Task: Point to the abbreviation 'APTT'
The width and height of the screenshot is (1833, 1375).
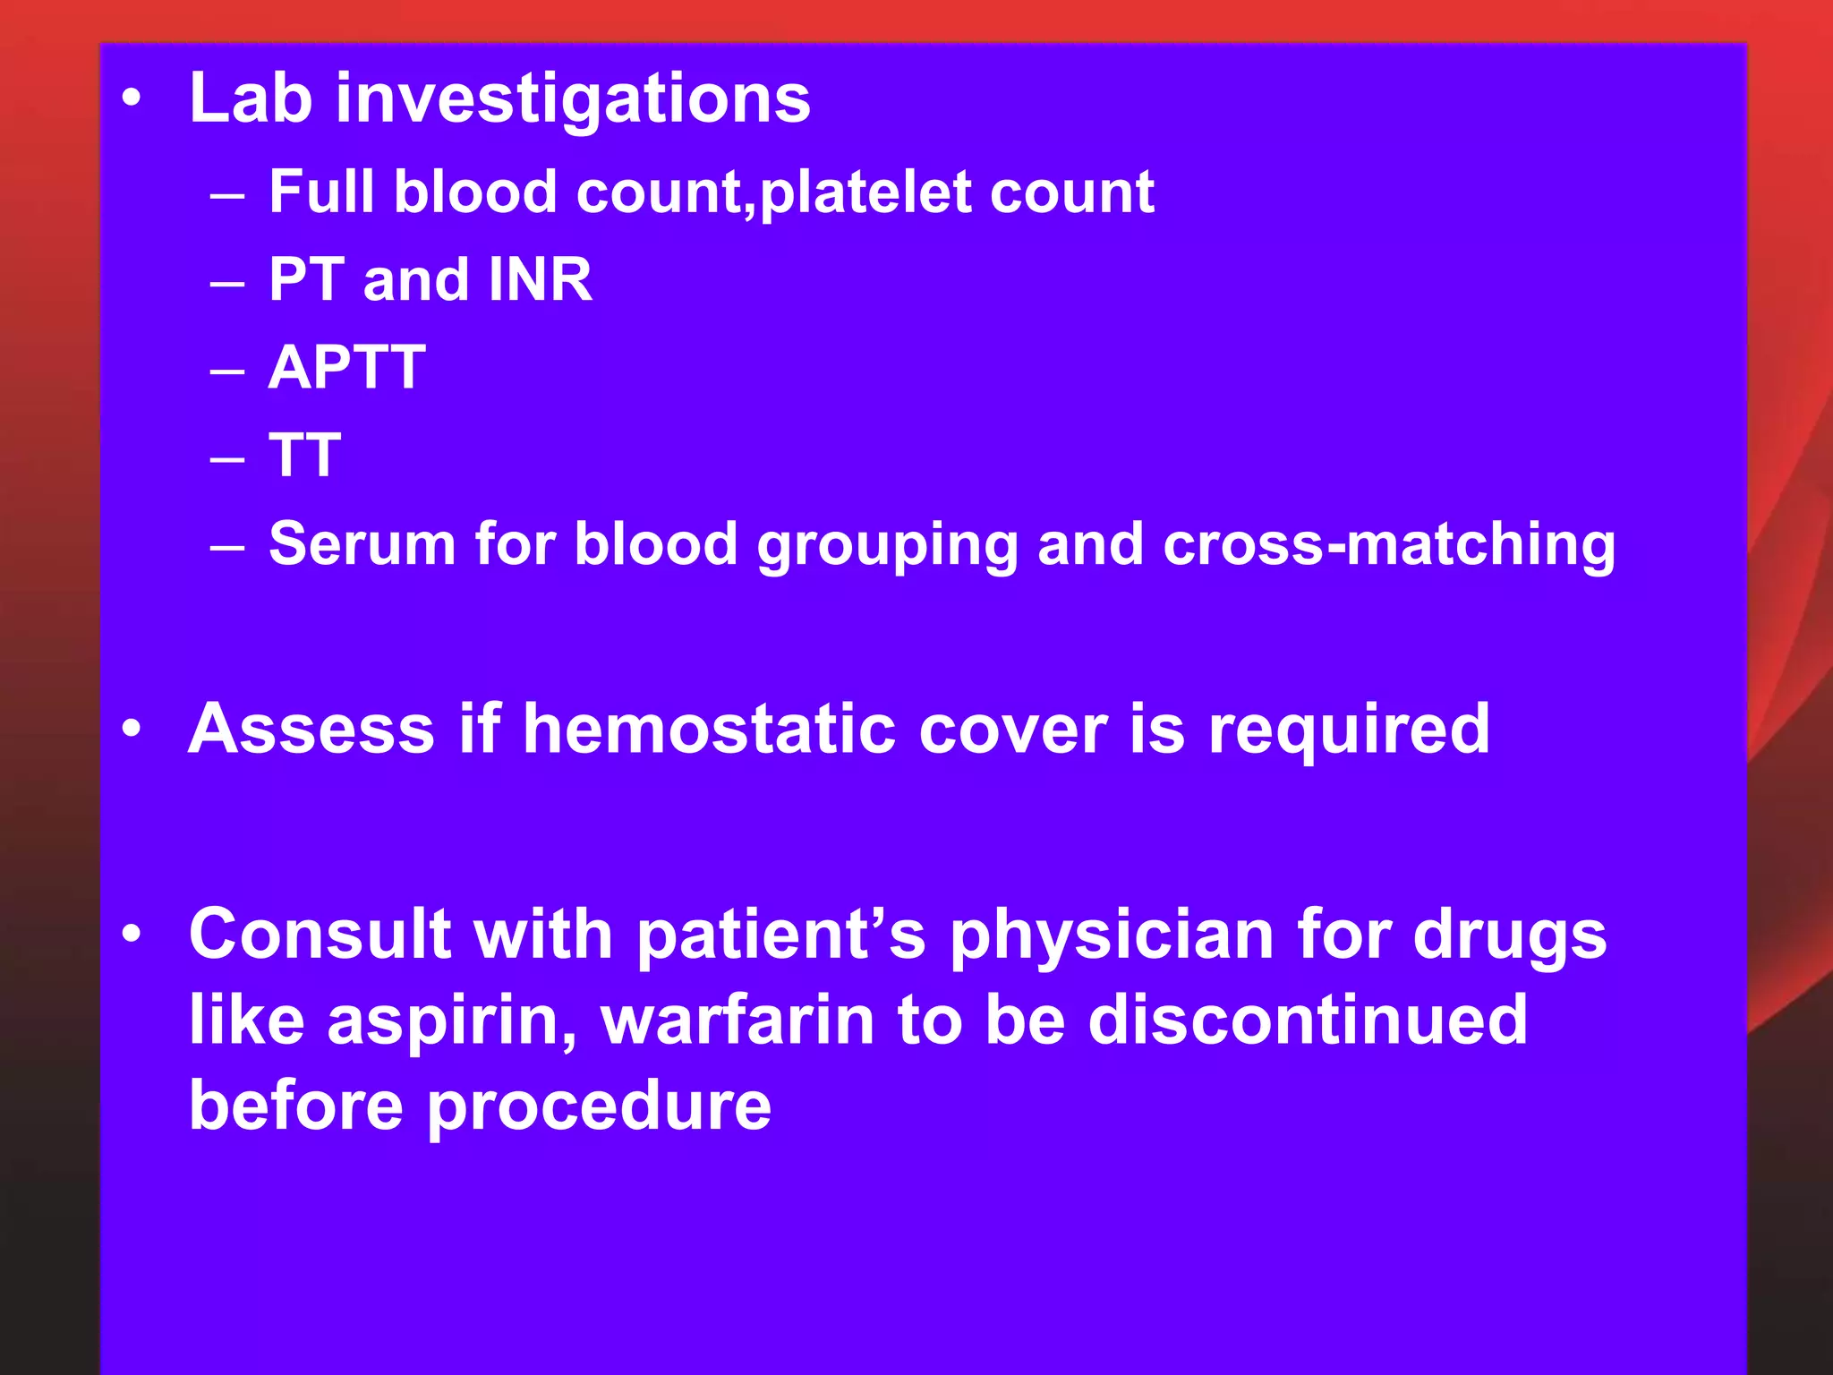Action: point(347,367)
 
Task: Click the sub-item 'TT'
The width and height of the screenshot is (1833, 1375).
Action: point(305,455)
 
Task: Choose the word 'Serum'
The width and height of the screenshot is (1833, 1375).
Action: point(362,543)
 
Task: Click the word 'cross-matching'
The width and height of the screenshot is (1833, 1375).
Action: point(1389,543)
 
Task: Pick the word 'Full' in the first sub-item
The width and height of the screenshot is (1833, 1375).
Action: point(321,192)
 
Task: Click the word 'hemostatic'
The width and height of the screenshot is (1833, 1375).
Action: point(709,729)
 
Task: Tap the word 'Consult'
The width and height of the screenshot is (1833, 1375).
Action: point(320,934)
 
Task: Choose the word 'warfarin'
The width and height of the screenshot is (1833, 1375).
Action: point(737,1021)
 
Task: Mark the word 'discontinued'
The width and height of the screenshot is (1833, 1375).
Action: point(1308,1020)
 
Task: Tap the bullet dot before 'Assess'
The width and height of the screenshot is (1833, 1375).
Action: point(132,729)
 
